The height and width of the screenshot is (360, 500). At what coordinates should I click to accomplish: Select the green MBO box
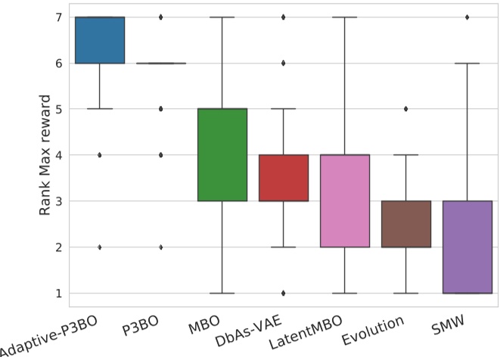pos(222,155)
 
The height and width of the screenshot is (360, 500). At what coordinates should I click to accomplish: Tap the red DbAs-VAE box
pos(283,178)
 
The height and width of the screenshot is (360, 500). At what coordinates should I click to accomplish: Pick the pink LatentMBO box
pos(344,201)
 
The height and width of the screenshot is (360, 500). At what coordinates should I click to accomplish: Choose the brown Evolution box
pos(406,224)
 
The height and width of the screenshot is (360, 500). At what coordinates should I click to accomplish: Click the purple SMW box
pos(467,247)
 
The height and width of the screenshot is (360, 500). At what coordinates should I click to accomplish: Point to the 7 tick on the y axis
pos(61,17)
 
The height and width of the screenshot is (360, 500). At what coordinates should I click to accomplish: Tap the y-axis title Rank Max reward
pos(45,155)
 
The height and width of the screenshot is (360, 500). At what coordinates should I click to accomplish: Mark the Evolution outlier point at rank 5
pos(406,109)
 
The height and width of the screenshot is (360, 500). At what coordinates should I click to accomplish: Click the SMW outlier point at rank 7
pos(467,17)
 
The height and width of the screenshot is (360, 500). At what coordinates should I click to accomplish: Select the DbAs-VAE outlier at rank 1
pos(283,293)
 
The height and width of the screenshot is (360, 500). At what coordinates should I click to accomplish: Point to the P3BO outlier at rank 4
pos(160,155)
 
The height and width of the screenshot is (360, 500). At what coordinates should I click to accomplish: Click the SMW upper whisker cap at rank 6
pos(467,64)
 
